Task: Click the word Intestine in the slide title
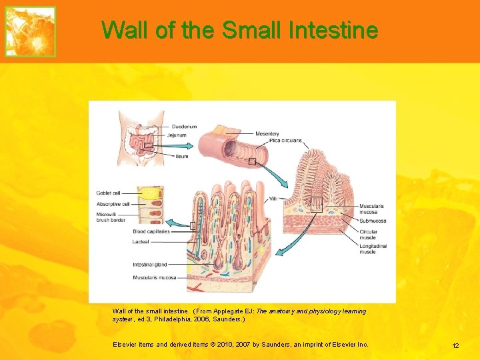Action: [x=334, y=30]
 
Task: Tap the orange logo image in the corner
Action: [x=30, y=31]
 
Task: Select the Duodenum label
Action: [x=184, y=126]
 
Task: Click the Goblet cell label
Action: [x=108, y=193]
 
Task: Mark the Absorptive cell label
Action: [x=113, y=204]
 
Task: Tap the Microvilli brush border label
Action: [x=110, y=217]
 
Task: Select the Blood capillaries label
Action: [x=151, y=231]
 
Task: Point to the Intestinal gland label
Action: [x=149, y=265]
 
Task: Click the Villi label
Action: [x=273, y=199]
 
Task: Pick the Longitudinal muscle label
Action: [x=373, y=249]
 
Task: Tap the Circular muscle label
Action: [x=368, y=235]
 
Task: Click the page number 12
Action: [x=455, y=345]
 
